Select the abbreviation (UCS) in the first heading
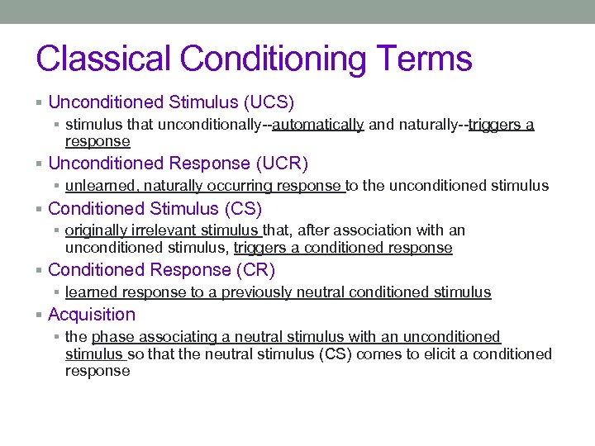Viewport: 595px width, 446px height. click(268, 102)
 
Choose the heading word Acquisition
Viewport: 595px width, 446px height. click(92, 315)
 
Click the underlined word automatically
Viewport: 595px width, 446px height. click(318, 126)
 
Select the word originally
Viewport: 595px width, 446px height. click(95, 231)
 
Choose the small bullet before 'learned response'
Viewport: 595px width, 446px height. click(57, 292)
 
